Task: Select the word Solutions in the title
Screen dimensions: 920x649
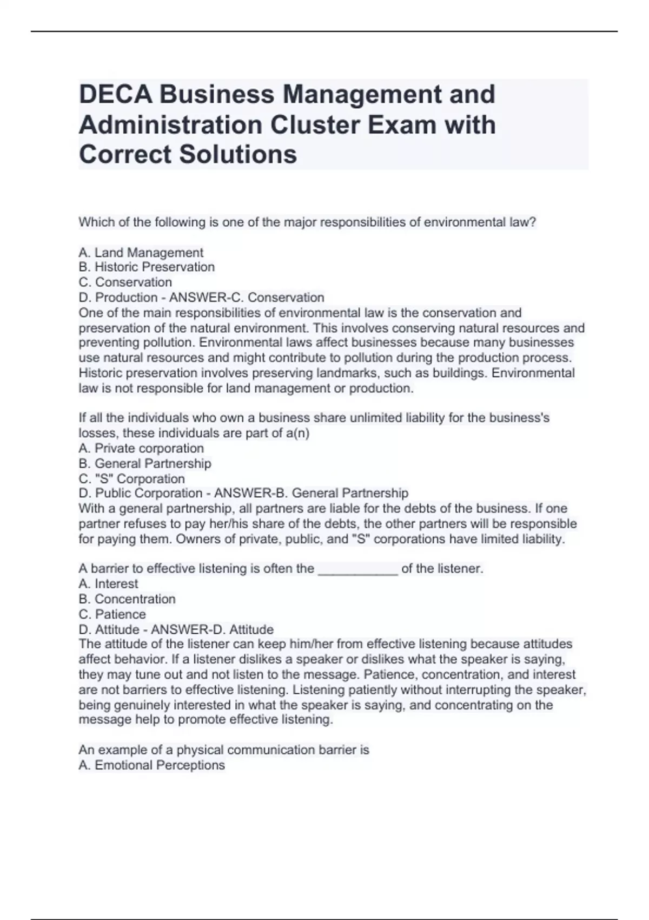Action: click(238, 154)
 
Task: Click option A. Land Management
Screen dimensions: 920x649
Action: click(141, 253)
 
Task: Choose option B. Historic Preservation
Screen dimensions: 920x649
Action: click(147, 267)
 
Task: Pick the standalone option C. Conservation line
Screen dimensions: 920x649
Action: click(125, 282)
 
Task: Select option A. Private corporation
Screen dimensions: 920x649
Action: click(141, 448)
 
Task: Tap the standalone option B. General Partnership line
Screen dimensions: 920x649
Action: click(145, 463)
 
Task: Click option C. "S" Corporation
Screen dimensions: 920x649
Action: click(131, 478)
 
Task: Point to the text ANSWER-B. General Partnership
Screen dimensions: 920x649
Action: click(311, 493)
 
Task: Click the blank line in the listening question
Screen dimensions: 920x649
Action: click(358, 569)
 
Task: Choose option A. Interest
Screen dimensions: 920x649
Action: click(108, 583)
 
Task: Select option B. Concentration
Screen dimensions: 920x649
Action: click(127, 599)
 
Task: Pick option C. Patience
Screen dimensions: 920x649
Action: click(112, 614)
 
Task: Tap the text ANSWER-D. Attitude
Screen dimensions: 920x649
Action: click(212, 629)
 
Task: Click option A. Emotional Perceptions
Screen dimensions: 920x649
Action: click(151, 765)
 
